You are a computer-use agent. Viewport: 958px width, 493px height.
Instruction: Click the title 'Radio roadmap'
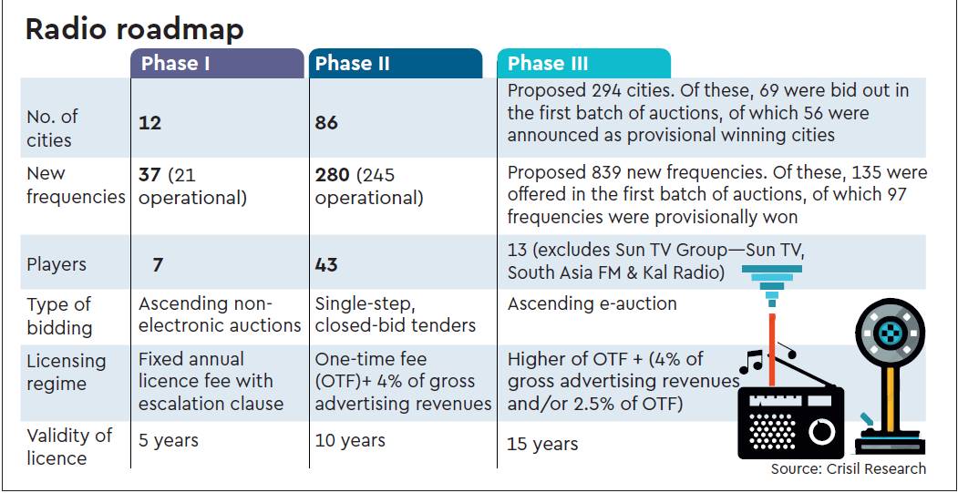[134, 29]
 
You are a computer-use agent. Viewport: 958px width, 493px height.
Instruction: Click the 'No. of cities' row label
[52, 128]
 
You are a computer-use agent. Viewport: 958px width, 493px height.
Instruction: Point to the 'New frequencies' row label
[75, 185]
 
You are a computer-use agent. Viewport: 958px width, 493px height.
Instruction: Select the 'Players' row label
[57, 264]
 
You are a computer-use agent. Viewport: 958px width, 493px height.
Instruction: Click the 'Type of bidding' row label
[59, 315]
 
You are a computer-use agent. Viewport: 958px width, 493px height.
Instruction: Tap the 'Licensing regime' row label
[67, 372]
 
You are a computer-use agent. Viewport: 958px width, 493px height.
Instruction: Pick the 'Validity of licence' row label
[69, 447]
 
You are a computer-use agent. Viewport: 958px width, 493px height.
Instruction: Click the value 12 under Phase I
[149, 123]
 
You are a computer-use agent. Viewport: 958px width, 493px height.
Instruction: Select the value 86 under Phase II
[326, 123]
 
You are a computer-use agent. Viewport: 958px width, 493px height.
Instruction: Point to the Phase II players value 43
[326, 264]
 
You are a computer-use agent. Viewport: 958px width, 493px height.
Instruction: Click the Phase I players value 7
[158, 264]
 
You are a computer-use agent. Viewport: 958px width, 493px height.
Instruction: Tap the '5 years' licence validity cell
[169, 441]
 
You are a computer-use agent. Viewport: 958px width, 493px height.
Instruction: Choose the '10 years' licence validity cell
[350, 441]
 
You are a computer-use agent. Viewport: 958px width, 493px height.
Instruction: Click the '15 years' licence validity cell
[542, 444]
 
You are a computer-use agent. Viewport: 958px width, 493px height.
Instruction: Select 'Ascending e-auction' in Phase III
[592, 303]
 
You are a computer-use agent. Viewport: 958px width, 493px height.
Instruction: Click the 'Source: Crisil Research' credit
[848, 468]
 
